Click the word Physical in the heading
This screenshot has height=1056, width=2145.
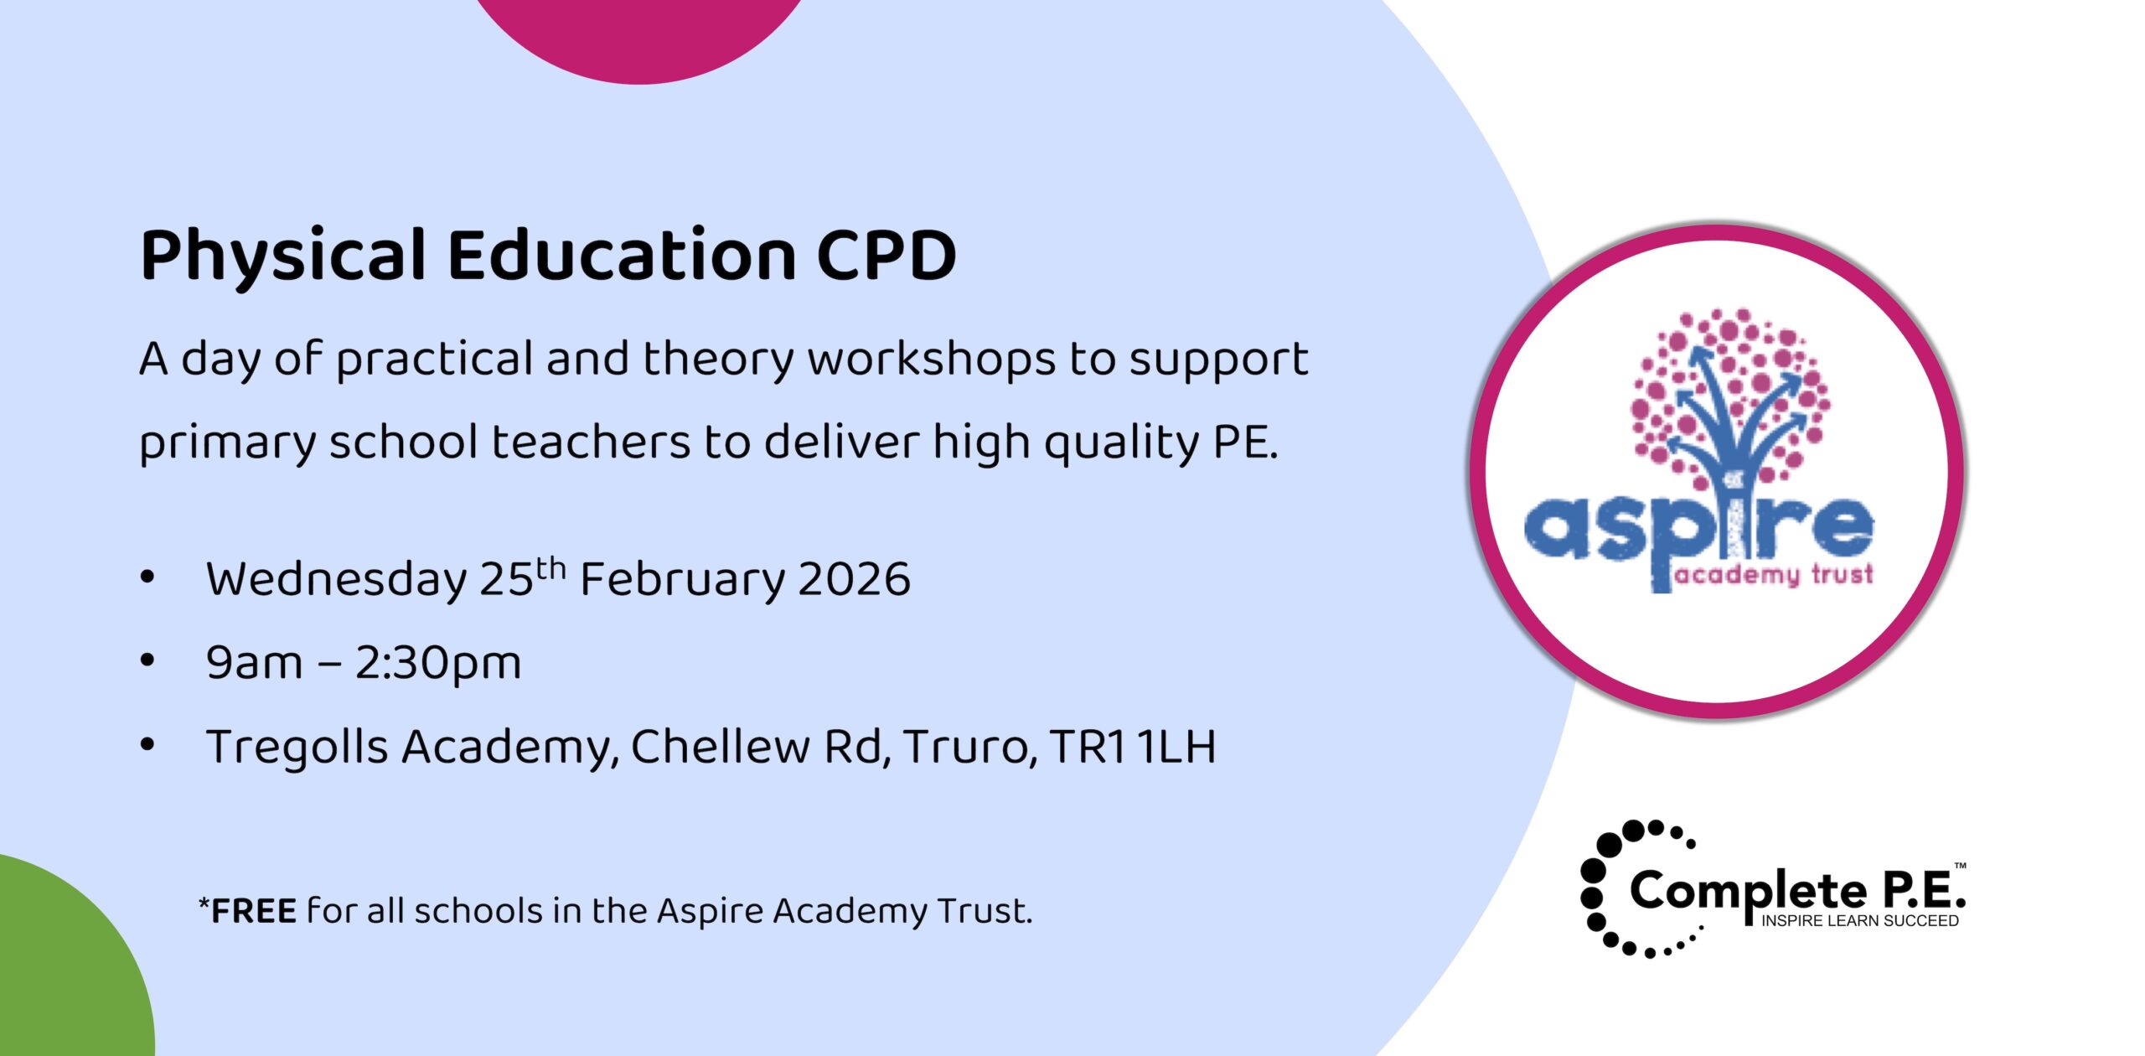[x=283, y=256]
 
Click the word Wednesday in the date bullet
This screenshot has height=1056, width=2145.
[x=336, y=579]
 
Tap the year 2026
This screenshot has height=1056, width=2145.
[x=854, y=579]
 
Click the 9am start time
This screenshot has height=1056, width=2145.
[x=254, y=663]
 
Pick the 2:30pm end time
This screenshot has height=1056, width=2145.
[x=437, y=663]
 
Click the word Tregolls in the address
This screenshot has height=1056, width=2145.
[x=297, y=747]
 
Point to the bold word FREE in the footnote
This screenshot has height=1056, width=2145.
[x=253, y=911]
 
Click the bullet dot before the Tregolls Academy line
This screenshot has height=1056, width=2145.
[x=147, y=744]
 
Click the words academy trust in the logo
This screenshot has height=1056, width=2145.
[x=1773, y=575]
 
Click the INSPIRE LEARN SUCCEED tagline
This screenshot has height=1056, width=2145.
[x=1859, y=921]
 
